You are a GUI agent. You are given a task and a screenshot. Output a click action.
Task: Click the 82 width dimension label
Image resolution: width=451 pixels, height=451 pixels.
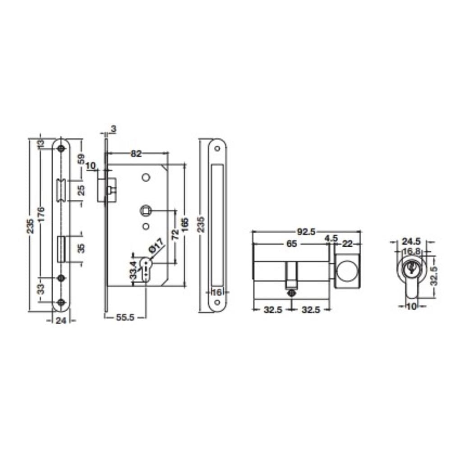point(136,154)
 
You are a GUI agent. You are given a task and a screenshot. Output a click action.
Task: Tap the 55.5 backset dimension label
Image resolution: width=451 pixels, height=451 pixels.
point(125,318)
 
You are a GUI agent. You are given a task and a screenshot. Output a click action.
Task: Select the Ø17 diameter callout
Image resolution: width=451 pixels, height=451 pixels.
point(156,246)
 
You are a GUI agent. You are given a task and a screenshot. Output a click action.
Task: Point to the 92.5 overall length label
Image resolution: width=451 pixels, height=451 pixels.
point(306,232)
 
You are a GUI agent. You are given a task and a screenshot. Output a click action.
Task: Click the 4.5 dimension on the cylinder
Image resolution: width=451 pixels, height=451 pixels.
point(331,239)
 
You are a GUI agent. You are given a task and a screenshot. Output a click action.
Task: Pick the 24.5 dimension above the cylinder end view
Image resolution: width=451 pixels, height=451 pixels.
point(411,241)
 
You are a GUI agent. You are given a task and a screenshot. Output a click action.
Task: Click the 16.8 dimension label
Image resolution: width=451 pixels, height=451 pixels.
point(412,251)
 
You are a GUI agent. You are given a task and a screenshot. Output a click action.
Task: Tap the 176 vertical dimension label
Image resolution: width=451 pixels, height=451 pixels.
point(41,214)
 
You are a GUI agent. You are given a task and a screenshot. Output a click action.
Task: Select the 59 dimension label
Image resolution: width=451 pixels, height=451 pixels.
point(82,159)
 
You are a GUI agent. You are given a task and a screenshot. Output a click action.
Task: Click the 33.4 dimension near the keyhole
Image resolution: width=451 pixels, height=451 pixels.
point(133,270)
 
